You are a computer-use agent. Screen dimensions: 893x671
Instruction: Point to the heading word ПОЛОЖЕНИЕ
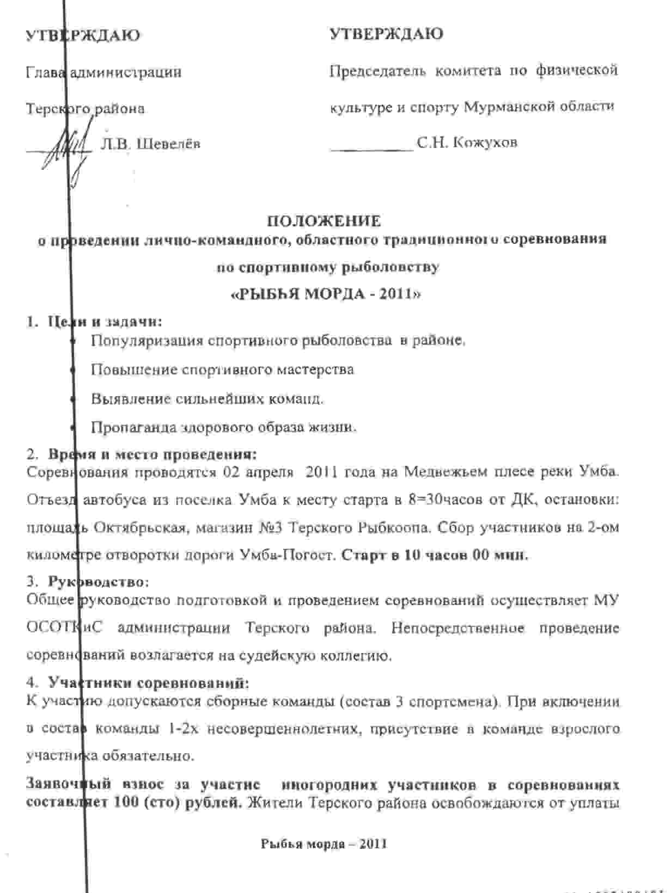[323, 221]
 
